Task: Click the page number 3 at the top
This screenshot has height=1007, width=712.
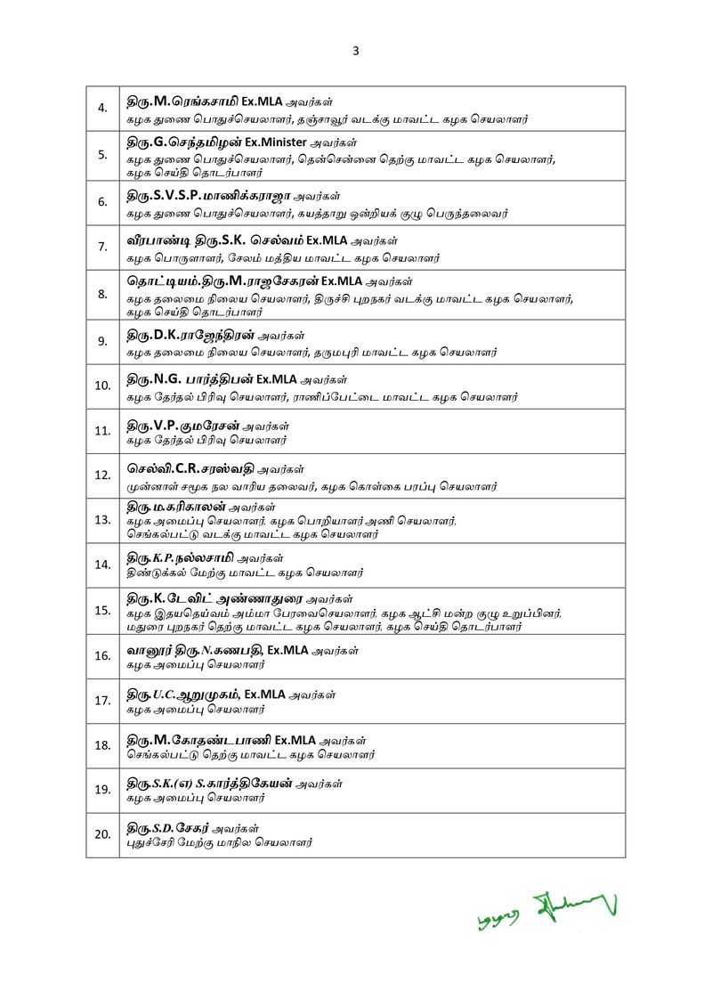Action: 356,51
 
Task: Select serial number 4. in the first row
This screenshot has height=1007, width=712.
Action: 102,109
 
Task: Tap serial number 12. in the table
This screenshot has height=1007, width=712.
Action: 102,475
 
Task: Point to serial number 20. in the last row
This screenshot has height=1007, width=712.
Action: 102,834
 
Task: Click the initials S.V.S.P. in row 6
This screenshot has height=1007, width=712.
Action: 176,195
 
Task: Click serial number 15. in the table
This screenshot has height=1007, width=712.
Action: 102,610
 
